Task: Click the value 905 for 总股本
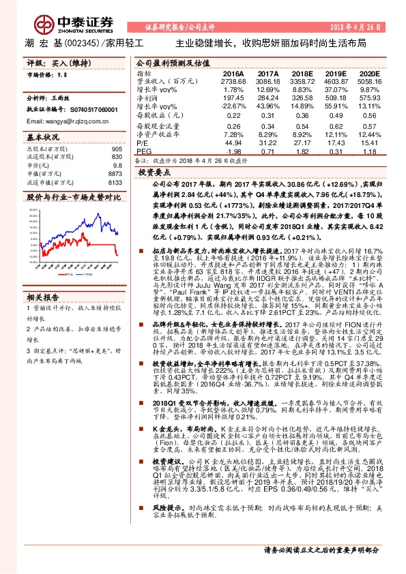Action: (x=117, y=149)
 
